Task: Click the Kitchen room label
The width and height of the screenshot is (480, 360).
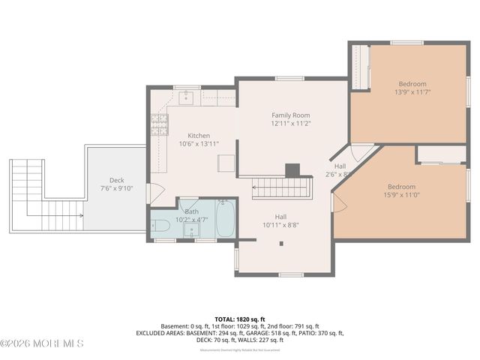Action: tap(198, 136)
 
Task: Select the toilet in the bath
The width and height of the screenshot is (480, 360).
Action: tap(160, 224)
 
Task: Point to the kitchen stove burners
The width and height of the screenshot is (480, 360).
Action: tap(159, 123)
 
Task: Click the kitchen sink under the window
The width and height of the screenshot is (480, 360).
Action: tap(186, 97)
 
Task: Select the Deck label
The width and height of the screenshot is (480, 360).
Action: tap(116, 180)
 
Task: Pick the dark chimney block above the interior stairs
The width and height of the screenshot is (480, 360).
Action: tap(293, 170)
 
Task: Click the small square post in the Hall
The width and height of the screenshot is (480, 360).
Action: tap(282, 243)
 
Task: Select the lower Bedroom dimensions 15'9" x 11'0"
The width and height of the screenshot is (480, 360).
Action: tap(400, 195)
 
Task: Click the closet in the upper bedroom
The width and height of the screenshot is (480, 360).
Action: tap(360, 67)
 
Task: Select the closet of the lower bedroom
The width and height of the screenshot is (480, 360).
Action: tap(442, 154)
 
